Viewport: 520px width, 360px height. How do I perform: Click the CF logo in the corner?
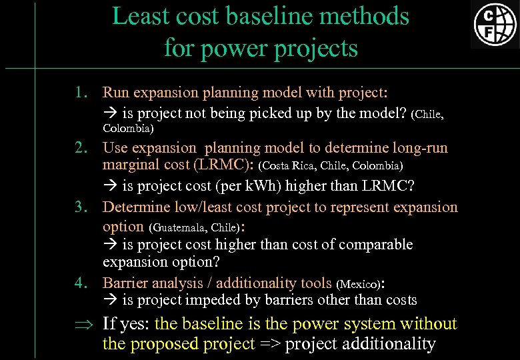[x=495, y=24]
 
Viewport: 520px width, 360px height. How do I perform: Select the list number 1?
[x=81, y=91]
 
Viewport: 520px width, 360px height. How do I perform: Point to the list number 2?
[x=81, y=148]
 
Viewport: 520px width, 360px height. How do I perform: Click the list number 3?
[x=81, y=207]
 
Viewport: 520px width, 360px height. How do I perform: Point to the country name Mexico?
[x=359, y=283]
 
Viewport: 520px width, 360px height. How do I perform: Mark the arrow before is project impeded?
[x=109, y=301]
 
